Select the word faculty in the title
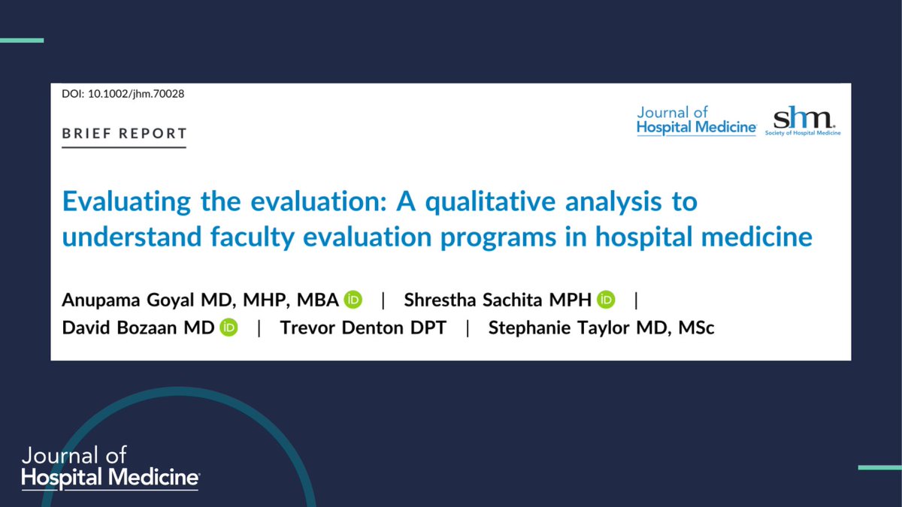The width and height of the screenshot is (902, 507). (258, 238)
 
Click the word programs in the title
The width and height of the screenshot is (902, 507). (484, 238)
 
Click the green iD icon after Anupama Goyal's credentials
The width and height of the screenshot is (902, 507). (353, 300)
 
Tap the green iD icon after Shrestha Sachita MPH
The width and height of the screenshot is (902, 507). (606, 300)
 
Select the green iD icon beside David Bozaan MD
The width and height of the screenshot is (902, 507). (229, 328)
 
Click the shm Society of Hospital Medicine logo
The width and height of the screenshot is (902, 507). (803, 121)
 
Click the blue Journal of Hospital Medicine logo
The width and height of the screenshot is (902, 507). (696, 120)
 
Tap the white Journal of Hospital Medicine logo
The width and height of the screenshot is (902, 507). (110, 466)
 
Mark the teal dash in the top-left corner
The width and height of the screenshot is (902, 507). (21, 40)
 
